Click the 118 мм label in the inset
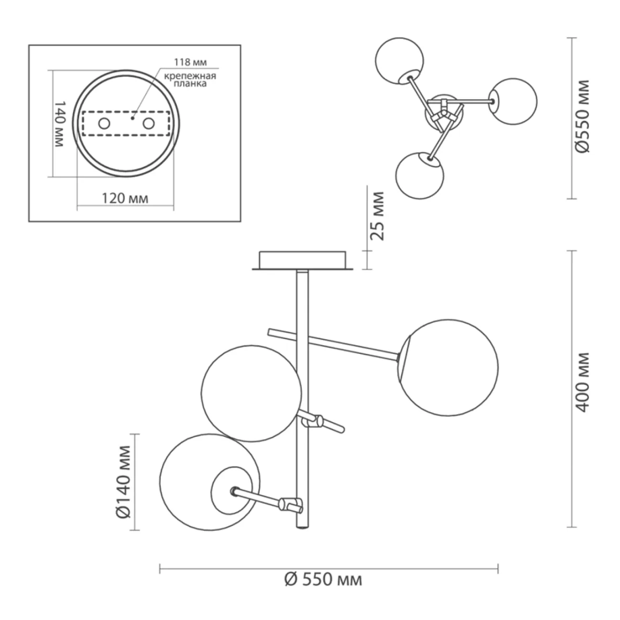(x=190, y=62)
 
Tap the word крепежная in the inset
(x=190, y=76)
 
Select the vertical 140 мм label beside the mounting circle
(x=59, y=124)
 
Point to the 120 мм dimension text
(x=125, y=198)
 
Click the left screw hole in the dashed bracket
(x=104, y=124)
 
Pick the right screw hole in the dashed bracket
(x=149, y=124)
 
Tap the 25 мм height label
(x=377, y=216)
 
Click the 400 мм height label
(x=583, y=382)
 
